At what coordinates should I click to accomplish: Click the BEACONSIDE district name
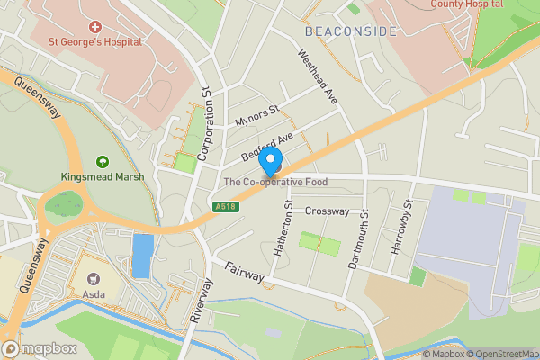pos(350,31)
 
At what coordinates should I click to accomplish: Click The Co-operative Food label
pos(275,182)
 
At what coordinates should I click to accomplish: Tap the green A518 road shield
pos(226,207)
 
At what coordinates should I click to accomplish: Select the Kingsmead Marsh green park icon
pos(103,161)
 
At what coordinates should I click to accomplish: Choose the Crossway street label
pos(326,211)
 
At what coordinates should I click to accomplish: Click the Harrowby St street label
pos(401,226)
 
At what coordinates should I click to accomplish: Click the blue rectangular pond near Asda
pos(142,256)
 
